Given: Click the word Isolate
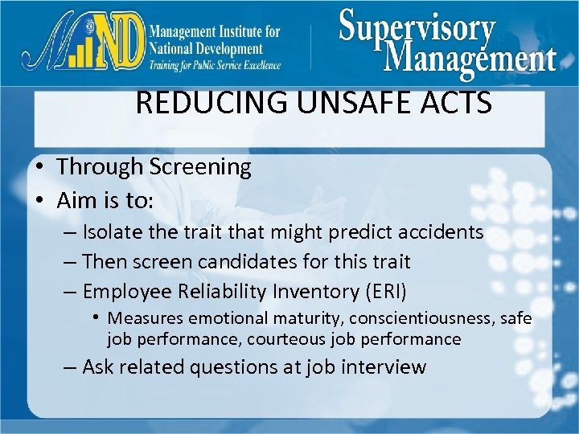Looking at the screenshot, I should pos(113,233).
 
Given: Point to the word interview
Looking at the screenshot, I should pos(384,367).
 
